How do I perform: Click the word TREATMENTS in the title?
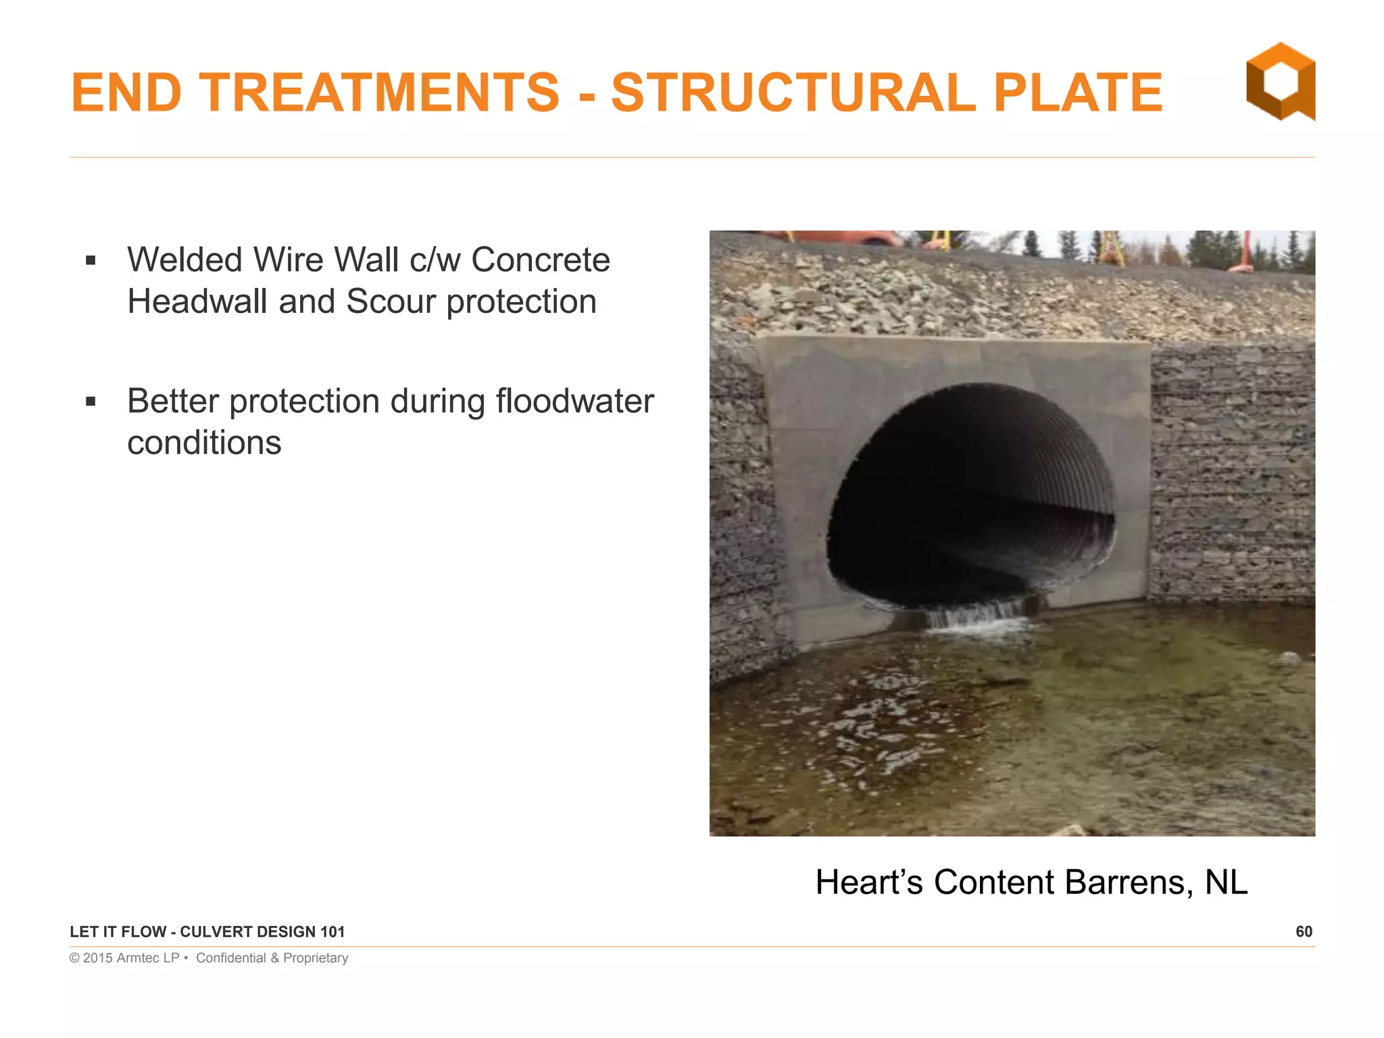coord(379,93)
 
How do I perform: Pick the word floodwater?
coord(574,401)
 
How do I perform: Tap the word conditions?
coord(204,443)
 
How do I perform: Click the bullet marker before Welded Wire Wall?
coord(91,261)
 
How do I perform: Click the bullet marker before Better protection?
coord(91,402)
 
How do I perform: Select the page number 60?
coord(1304,932)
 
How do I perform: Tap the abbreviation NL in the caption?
coord(1226,883)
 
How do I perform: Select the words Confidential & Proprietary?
coord(272,958)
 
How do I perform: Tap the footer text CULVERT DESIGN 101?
coord(262,932)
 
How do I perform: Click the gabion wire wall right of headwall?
coord(1230,473)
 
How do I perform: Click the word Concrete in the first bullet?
coord(540,260)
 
